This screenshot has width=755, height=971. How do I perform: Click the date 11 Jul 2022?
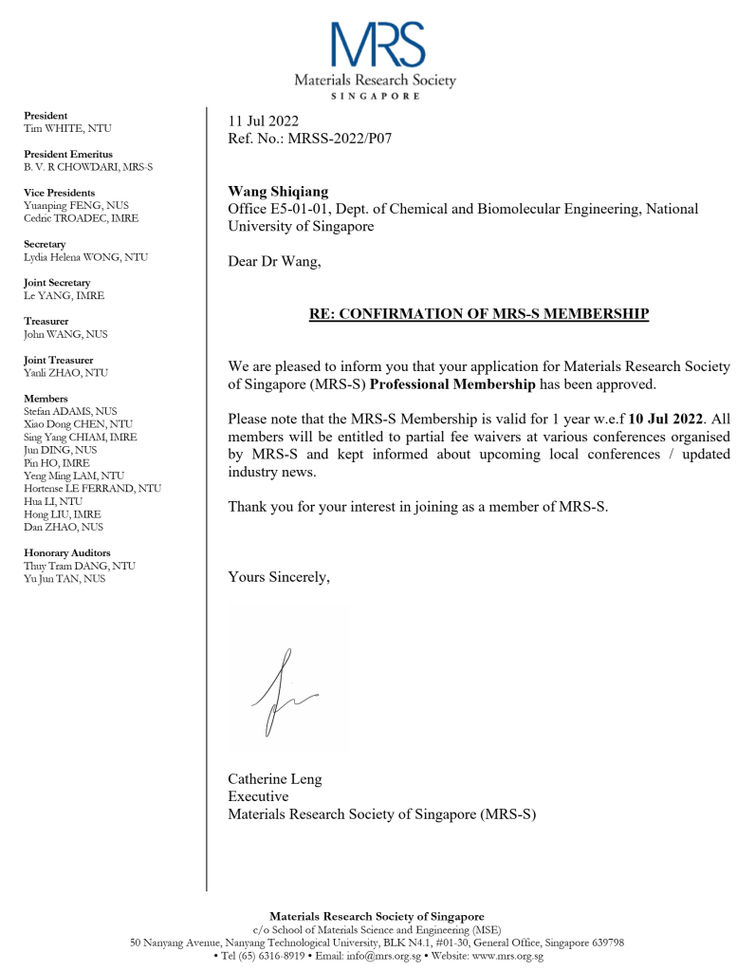pyautogui.click(x=263, y=121)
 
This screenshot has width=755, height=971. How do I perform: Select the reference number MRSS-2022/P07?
pyautogui.click(x=343, y=138)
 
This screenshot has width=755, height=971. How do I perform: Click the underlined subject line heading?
pyautogui.click(x=479, y=313)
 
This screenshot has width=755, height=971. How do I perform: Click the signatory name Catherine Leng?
pyautogui.click(x=274, y=779)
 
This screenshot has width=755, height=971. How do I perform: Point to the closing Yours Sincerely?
pyautogui.click(x=279, y=575)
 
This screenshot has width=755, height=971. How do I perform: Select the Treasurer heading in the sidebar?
pyautogui.click(x=46, y=322)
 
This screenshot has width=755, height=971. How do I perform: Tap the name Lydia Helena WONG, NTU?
pyautogui.click(x=85, y=257)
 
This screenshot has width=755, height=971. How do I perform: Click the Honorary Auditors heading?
pyautogui.click(x=66, y=552)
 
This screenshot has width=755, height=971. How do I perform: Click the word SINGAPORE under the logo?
pyautogui.click(x=376, y=97)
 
